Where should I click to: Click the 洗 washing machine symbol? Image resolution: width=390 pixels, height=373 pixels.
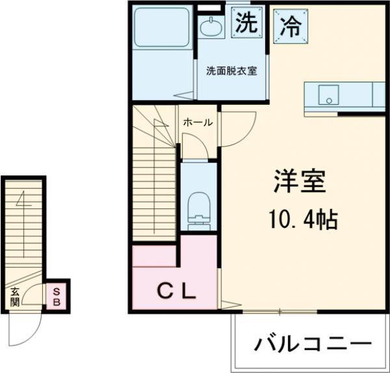click(247, 24)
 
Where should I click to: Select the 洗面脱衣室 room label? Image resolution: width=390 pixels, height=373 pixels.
click(232, 71)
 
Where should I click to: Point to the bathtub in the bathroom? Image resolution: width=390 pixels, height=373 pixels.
click(161, 30)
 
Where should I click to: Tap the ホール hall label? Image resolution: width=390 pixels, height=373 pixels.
click(197, 122)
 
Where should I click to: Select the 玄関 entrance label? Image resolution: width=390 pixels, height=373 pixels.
click(15, 297)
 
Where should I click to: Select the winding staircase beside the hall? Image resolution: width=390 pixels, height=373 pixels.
click(153, 176)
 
